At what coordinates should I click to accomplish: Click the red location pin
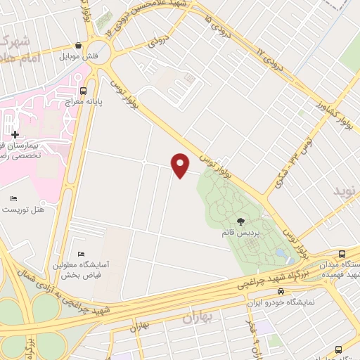click(181, 165)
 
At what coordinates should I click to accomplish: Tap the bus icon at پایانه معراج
click(84, 91)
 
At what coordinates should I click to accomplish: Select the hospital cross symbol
click(15, 134)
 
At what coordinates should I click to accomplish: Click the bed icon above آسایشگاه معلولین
click(81, 254)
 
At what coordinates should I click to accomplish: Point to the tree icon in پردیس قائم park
click(241, 221)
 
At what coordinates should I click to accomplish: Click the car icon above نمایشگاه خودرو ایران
click(281, 291)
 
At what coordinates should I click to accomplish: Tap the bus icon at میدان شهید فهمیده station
click(342, 254)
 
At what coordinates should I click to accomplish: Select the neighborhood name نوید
click(345, 191)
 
